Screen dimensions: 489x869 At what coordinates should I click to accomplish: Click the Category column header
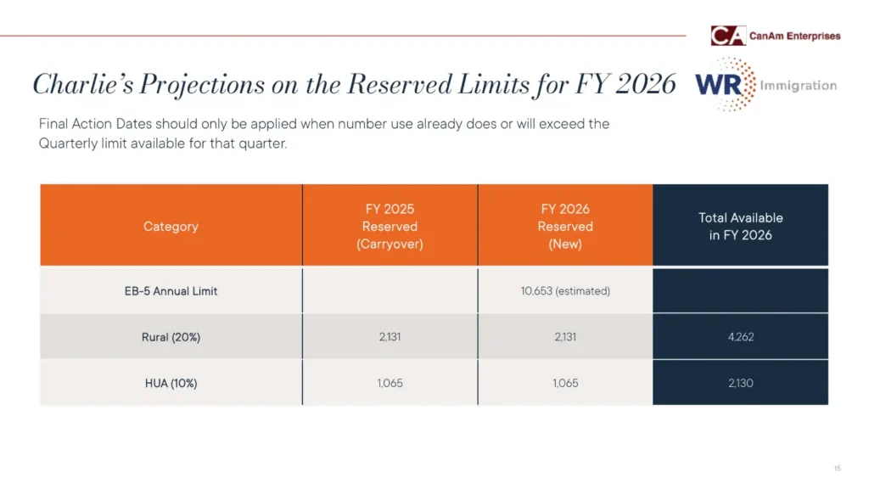[171, 227]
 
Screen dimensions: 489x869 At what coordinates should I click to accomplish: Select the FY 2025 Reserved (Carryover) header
[390, 227]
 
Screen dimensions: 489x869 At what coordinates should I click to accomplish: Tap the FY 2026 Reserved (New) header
[565, 227]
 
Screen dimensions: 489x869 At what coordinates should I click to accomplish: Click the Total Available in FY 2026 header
[740, 227]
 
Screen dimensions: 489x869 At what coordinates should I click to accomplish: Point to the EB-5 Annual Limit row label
[171, 291]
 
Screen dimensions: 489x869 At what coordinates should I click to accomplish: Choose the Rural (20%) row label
[171, 337]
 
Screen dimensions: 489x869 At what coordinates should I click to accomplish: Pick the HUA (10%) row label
[171, 383]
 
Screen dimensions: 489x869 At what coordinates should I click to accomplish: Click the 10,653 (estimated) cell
[565, 291]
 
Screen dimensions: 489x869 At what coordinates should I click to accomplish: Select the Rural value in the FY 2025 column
[390, 337]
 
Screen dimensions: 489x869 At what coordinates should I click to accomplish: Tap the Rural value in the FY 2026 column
[565, 337]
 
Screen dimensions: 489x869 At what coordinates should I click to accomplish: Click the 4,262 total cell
[740, 337]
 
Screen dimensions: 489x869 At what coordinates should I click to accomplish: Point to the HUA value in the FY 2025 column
[390, 383]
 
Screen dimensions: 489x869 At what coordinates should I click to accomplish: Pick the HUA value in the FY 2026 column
[565, 383]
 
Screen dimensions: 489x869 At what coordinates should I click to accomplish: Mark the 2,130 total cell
[740, 383]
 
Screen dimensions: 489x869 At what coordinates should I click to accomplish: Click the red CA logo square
[727, 36]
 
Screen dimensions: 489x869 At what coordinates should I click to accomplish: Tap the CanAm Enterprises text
[795, 36]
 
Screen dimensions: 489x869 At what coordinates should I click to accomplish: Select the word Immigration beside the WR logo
[798, 85]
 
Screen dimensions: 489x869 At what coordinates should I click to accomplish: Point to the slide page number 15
[837, 469]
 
